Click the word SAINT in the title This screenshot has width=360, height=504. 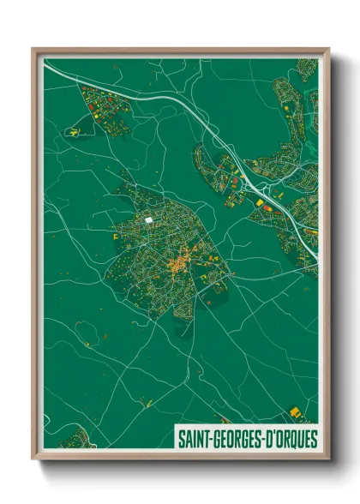point(192,437)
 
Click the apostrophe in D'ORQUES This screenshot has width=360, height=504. point(271,433)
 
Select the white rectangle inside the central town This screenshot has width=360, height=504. point(149,220)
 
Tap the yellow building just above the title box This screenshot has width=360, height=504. point(296,412)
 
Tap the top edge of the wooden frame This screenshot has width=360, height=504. point(180,51)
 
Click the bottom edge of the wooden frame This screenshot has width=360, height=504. point(180,455)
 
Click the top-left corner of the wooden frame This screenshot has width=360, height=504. point(35,51)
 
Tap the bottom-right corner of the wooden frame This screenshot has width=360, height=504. point(327,455)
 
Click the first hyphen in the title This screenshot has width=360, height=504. point(209,438)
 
